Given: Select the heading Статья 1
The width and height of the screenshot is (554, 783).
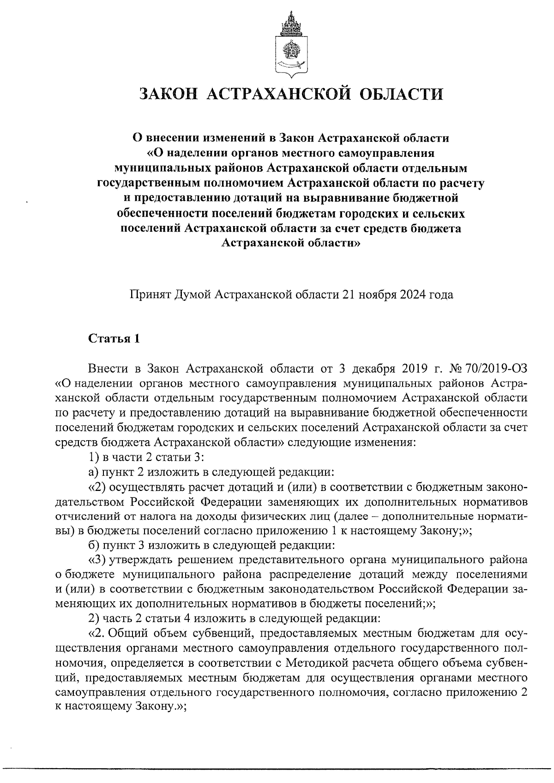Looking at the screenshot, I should point(114,338).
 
